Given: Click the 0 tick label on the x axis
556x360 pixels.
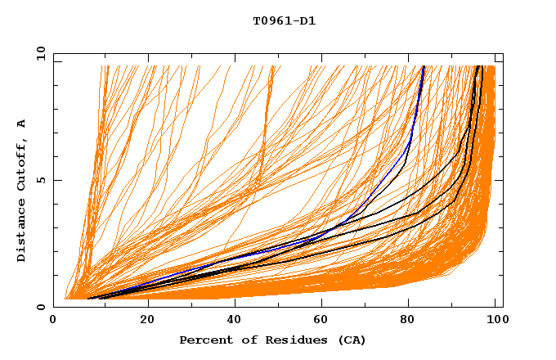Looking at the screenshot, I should [54, 320].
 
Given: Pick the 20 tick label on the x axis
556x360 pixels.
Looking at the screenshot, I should [147, 320].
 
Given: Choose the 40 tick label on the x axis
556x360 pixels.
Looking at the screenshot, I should [235, 320].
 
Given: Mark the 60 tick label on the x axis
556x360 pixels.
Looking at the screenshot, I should [324, 320].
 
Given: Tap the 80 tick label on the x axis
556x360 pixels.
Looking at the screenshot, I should [412, 320].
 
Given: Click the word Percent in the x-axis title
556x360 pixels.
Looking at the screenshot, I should [204, 340].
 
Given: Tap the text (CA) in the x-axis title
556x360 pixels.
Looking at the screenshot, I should [350, 340].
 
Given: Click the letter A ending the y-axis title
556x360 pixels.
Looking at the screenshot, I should [22, 124].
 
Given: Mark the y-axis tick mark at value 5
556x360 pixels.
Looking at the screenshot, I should [56, 180].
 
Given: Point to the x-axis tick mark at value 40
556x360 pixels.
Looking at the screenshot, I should [235, 304].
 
